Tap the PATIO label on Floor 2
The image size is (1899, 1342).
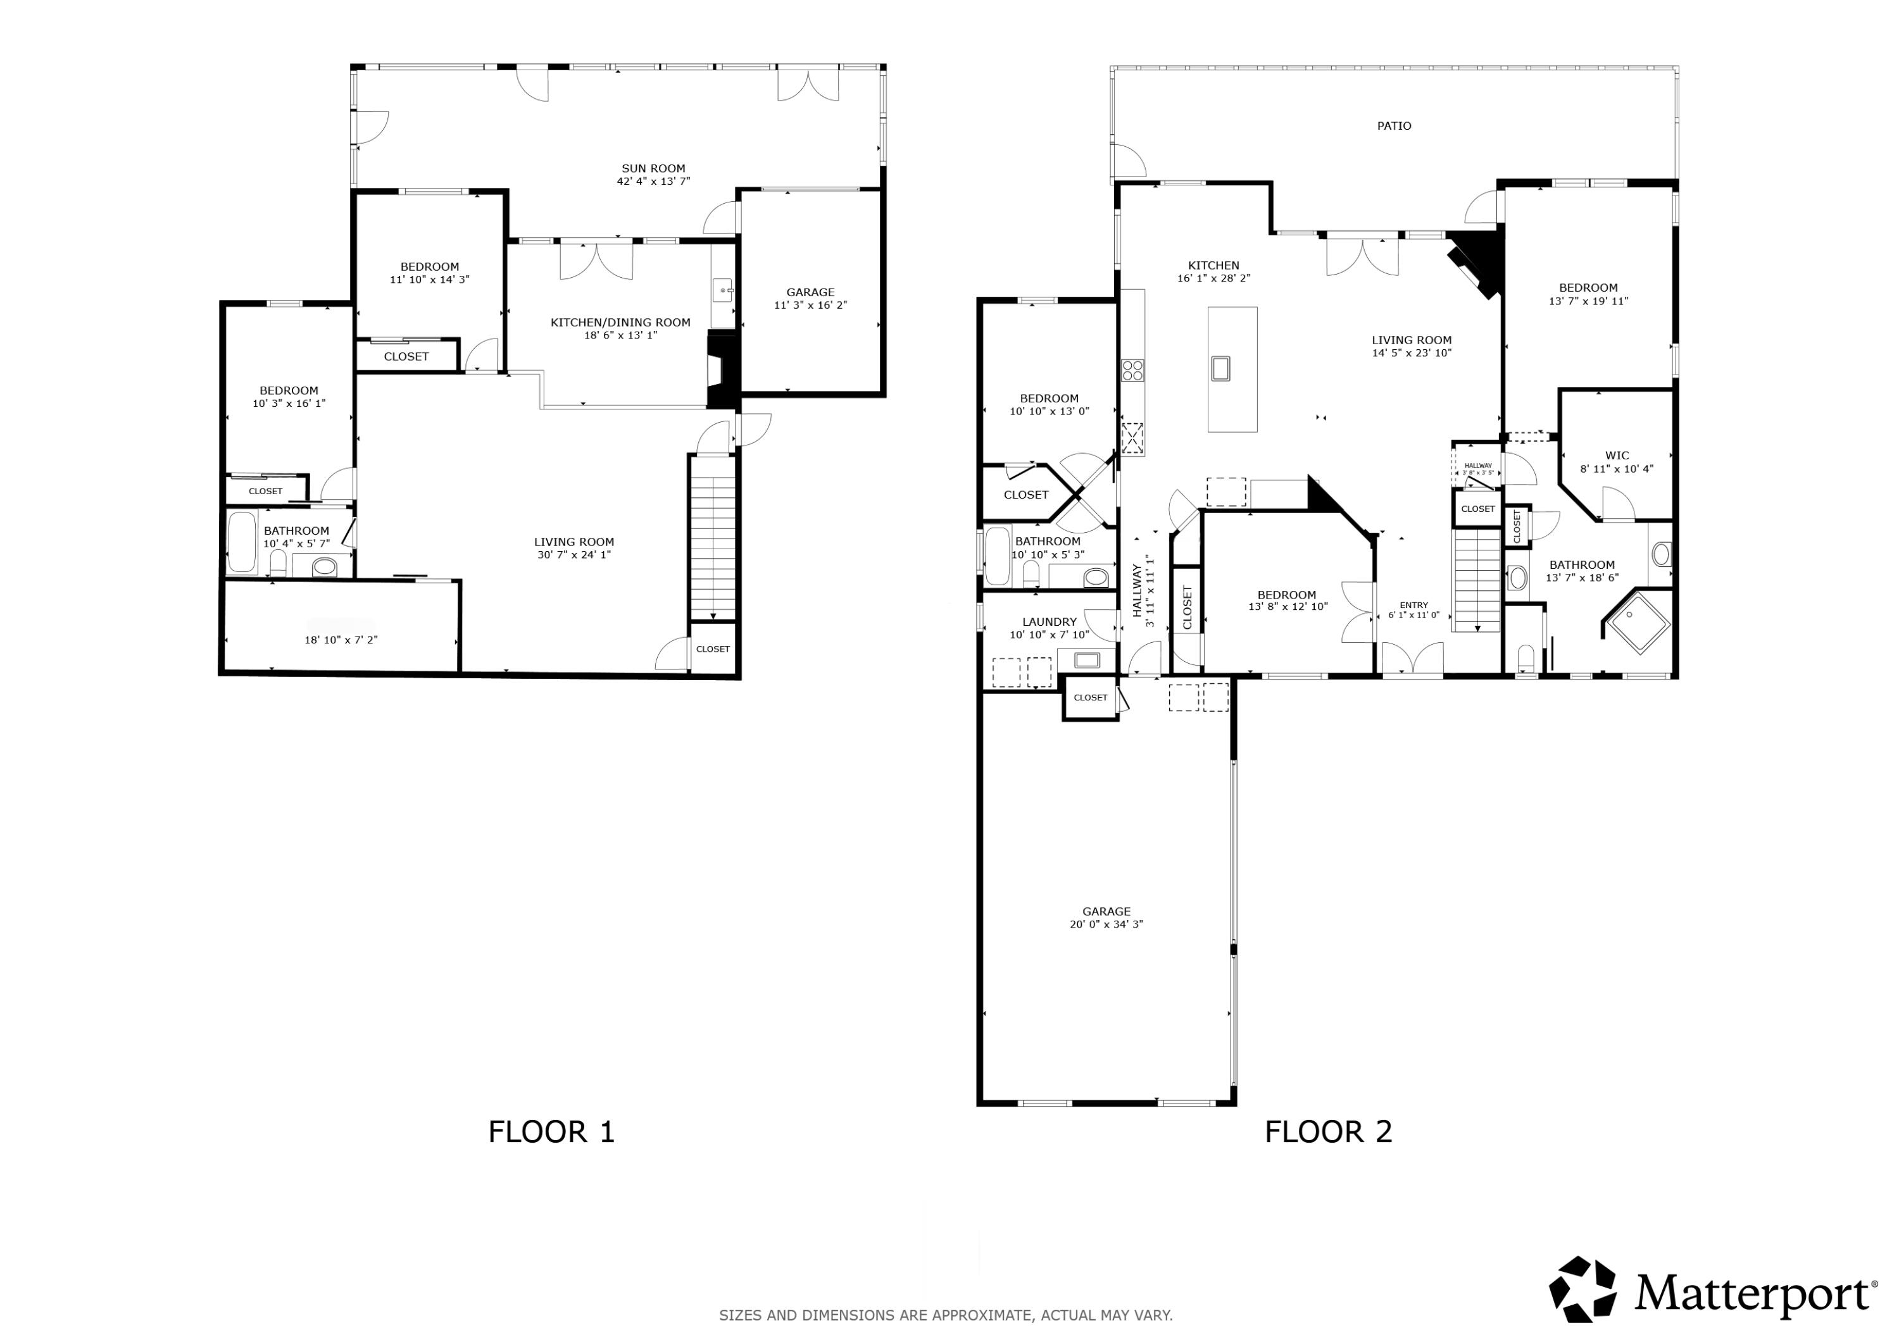point(1394,127)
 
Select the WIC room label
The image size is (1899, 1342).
point(1616,456)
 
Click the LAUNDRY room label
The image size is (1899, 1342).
point(1049,623)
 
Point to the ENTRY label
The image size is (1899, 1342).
point(1413,606)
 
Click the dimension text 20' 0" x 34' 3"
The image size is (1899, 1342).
point(1106,924)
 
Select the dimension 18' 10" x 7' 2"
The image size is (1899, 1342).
point(341,640)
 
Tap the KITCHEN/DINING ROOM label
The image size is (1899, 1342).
point(620,323)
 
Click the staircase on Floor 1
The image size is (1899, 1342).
point(713,546)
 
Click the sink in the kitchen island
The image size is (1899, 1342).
point(1220,368)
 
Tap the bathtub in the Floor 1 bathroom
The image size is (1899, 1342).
point(242,542)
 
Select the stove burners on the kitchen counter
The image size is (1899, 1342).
point(1132,370)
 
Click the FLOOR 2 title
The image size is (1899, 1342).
point(1327,1132)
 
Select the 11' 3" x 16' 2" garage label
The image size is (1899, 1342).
point(810,305)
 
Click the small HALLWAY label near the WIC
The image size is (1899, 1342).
point(1478,466)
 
